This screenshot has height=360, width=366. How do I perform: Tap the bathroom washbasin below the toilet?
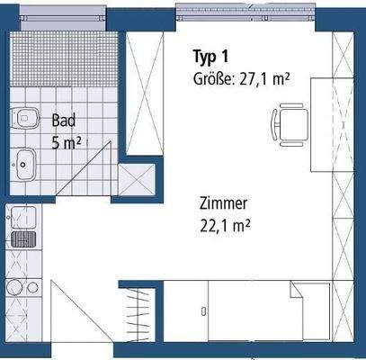[24, 164]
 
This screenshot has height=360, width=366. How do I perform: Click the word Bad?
[63, 120]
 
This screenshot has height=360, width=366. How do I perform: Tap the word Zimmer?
[225, 204]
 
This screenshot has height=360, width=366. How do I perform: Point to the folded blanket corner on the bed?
[308, 292]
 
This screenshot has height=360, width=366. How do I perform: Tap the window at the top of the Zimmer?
[244, 13]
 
